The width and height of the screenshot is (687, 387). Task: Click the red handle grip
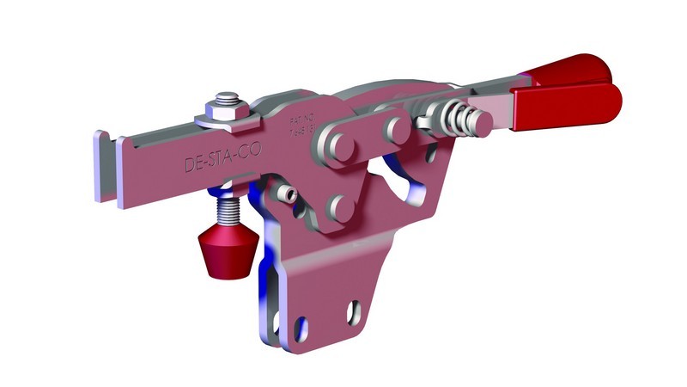567,95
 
